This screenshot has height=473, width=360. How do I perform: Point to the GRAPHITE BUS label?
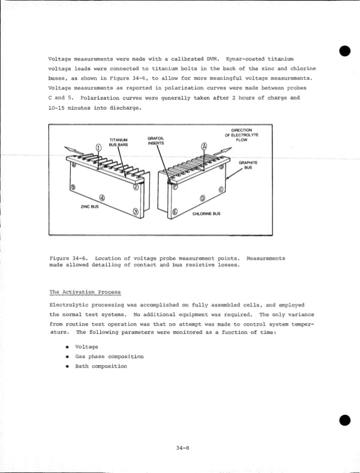pyautogui.click(x=247, y=165)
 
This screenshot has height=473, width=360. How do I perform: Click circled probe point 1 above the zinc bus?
pyautogui.click(x=99, y=148)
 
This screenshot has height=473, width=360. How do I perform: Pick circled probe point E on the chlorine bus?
pyautogui.click(x=175, y=212)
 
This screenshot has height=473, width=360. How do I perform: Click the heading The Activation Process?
pyautogui.click(x=85, y=292)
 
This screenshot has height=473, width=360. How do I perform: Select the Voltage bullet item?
pyautogui.click(x=86, y=347)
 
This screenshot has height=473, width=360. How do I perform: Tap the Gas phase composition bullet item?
pyautogui.click(x=109, y=356)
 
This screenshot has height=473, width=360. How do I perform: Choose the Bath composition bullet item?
pyautogui.click(x=101, y=366)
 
